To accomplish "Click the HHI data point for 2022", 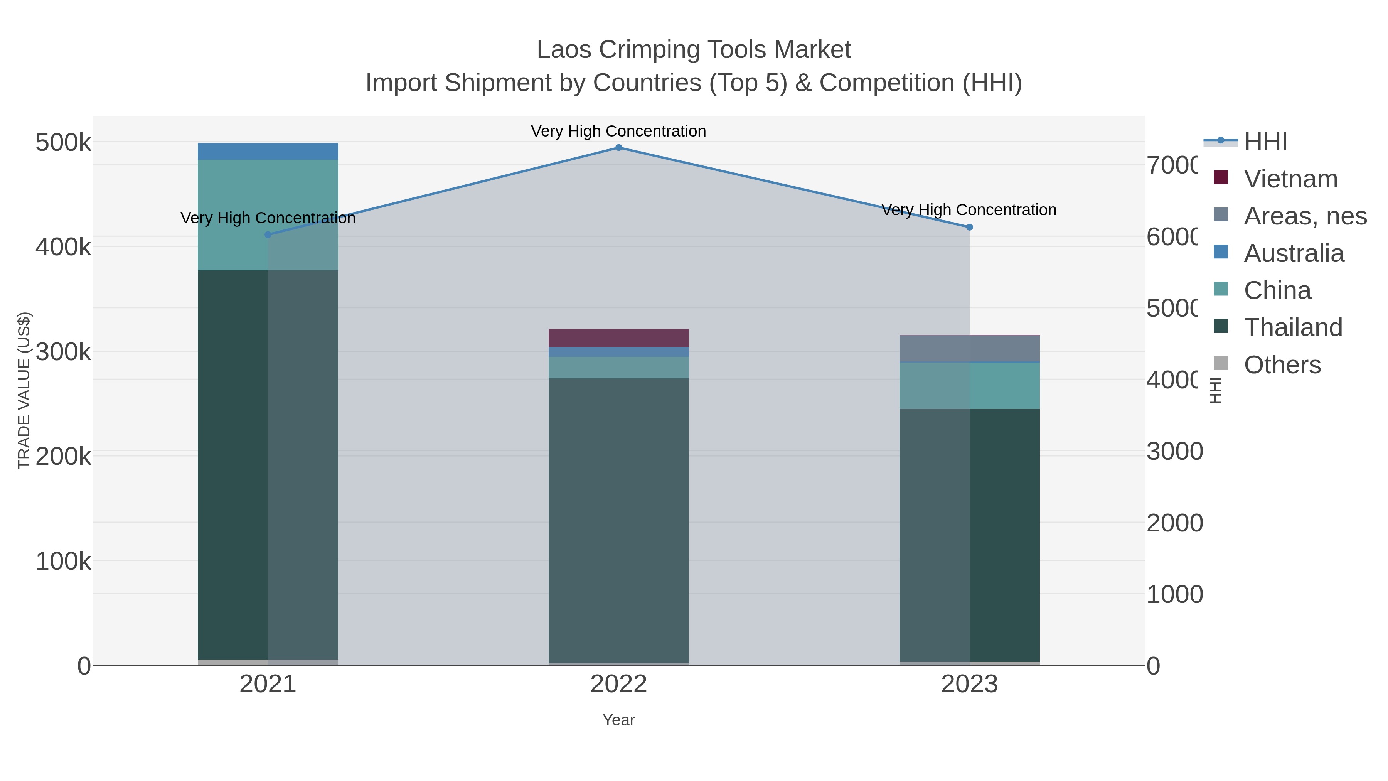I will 618,148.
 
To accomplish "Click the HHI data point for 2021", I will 268,234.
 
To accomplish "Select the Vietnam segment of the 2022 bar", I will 618,338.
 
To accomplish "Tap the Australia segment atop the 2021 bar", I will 268,152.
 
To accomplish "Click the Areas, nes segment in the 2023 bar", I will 969,348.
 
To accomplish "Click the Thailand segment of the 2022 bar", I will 618,520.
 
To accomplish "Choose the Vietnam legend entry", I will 1290,179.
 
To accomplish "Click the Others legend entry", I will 1282,365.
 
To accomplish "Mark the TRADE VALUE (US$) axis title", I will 24,390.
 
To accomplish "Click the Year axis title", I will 618,720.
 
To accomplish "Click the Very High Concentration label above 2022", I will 618,131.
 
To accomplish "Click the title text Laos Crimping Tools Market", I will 694,50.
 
